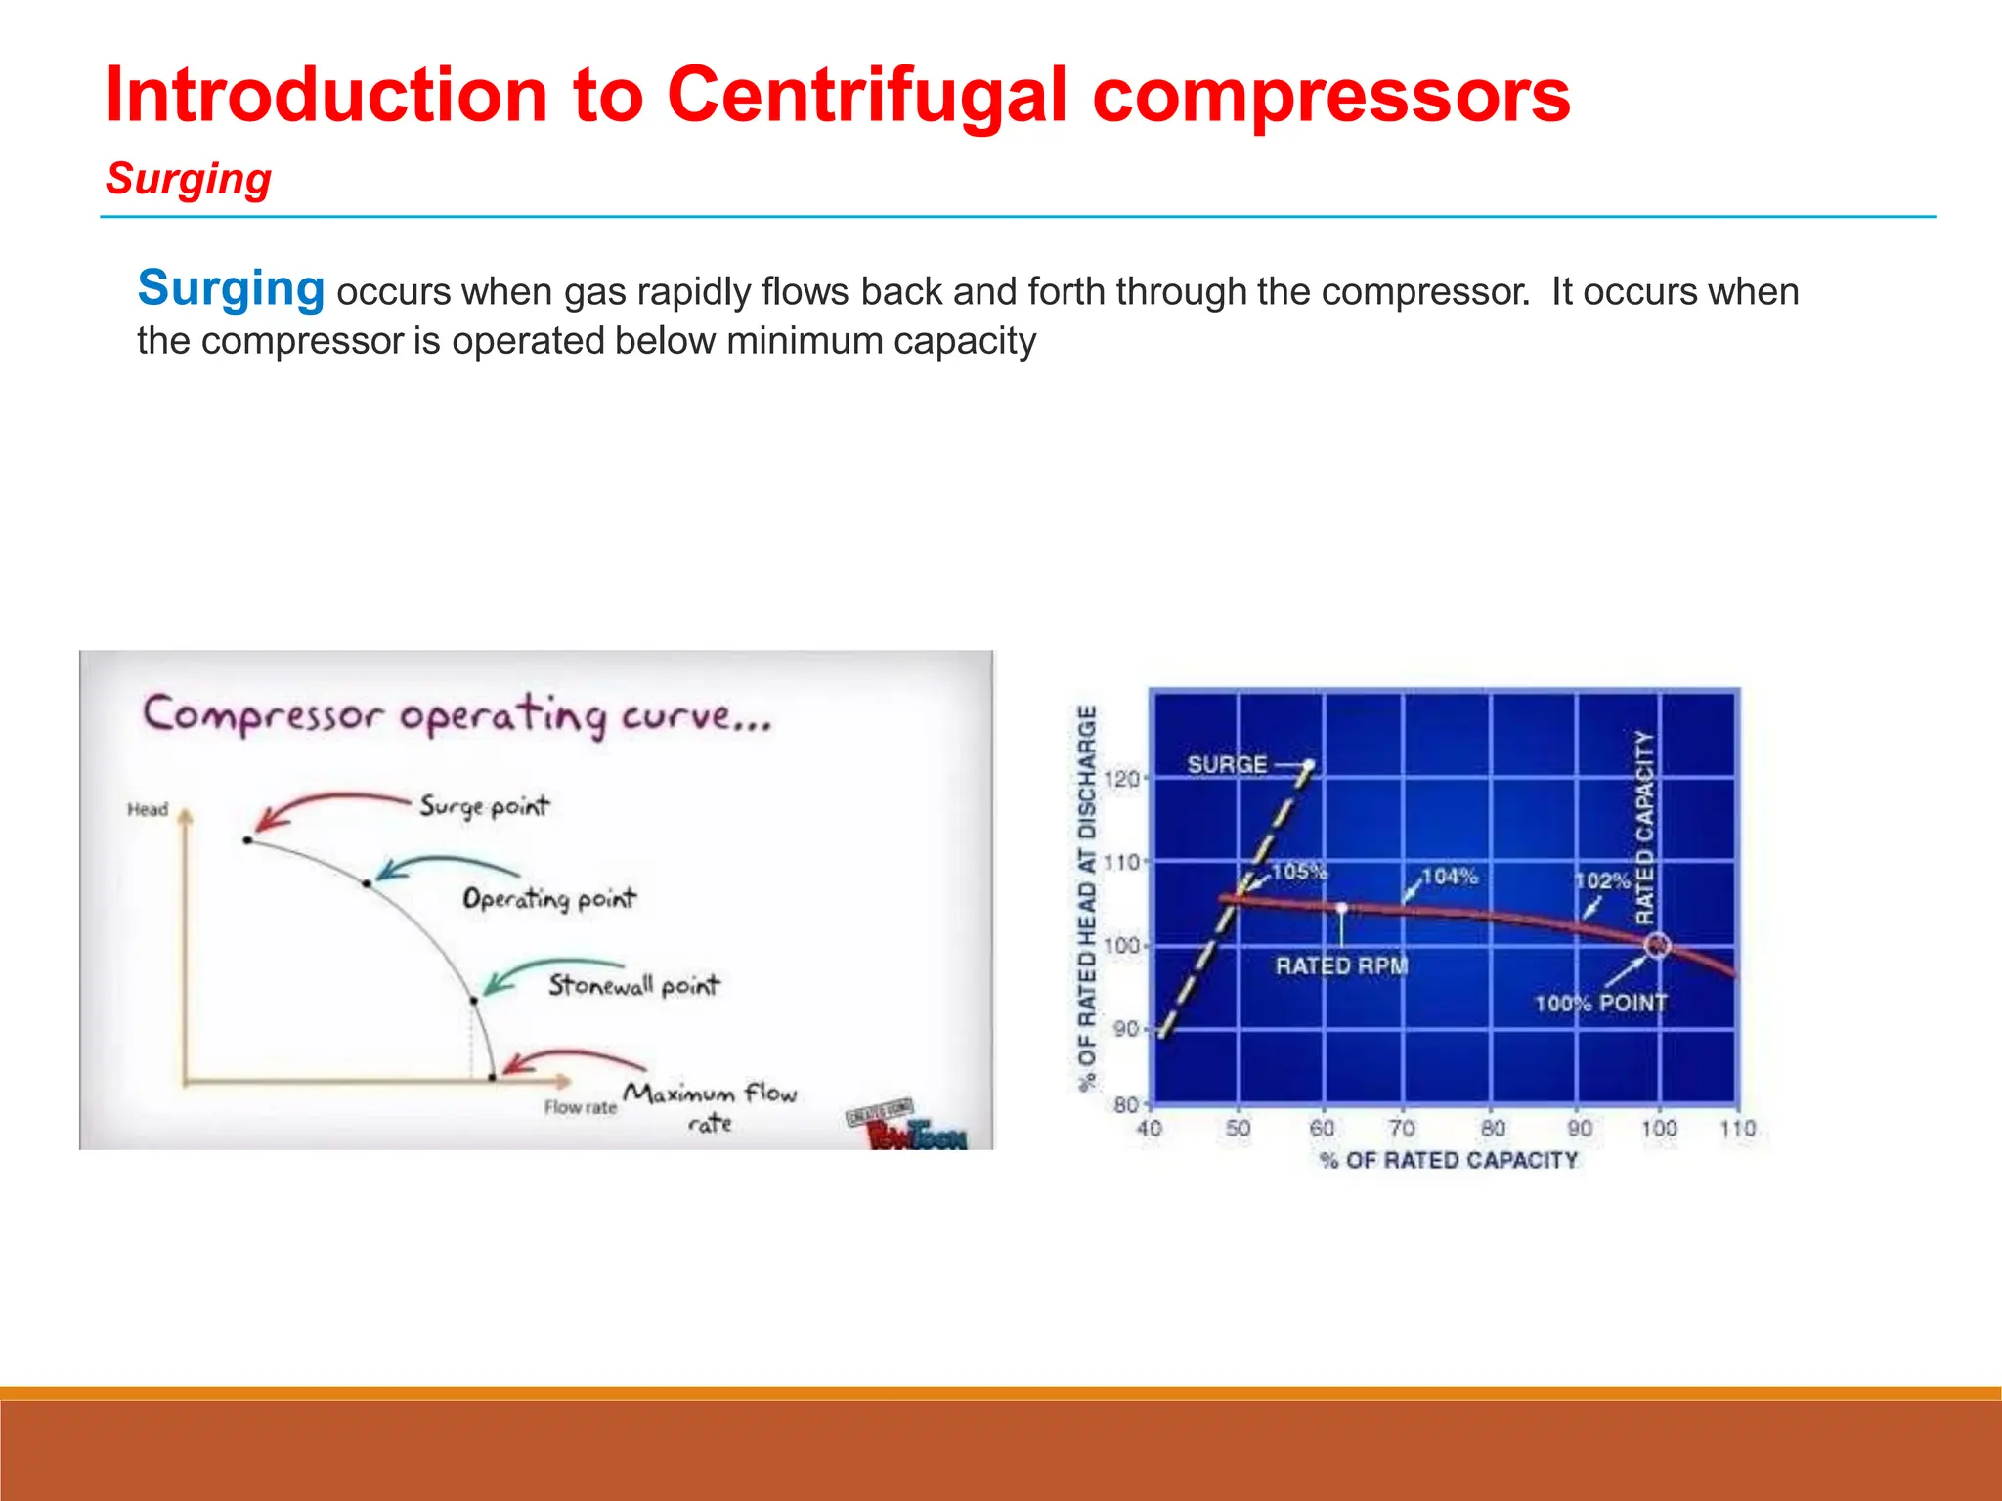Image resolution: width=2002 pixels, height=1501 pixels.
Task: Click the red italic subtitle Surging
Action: click(x=189, y=180)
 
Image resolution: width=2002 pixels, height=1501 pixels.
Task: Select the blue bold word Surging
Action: click(x=231, y=288)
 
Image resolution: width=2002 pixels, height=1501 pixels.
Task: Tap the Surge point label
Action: click(x=484, y=806)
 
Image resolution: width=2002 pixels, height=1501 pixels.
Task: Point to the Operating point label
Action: click(x=548, y=898)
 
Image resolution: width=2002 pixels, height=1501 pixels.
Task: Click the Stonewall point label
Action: click(x=632, y=984)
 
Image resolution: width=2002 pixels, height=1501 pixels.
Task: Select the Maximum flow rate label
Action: click(x=711, y=1105)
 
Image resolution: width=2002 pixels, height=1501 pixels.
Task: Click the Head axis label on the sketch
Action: click(x=148, y=809)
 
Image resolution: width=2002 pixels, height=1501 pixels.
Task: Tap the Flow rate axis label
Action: click(x=580, y=1107)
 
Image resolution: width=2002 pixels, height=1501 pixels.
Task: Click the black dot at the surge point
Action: click(x=248, y=839)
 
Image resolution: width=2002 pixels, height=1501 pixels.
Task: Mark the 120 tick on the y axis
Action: click(x=1121, y=779)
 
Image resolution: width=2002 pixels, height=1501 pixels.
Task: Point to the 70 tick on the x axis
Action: click(x=1402, y=1129)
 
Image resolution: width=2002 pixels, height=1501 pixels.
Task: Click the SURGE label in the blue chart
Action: click(x=1227, y=764)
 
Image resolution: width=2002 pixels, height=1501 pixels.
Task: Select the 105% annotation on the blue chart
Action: click(x=1298, y=871)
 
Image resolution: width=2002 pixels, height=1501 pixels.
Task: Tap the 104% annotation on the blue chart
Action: click(x=1449, y=877)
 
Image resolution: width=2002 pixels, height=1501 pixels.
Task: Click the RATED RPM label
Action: click(x=1341, y=965)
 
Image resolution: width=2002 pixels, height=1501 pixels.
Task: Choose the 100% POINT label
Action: click(x=1600, y=1004)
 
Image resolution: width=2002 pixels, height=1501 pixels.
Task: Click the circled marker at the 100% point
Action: click(x=1657, y=945)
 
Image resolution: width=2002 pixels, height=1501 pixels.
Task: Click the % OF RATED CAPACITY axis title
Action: click(x=1449, y=1160)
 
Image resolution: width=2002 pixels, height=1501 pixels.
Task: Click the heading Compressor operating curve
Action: click(x=457, y=715)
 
